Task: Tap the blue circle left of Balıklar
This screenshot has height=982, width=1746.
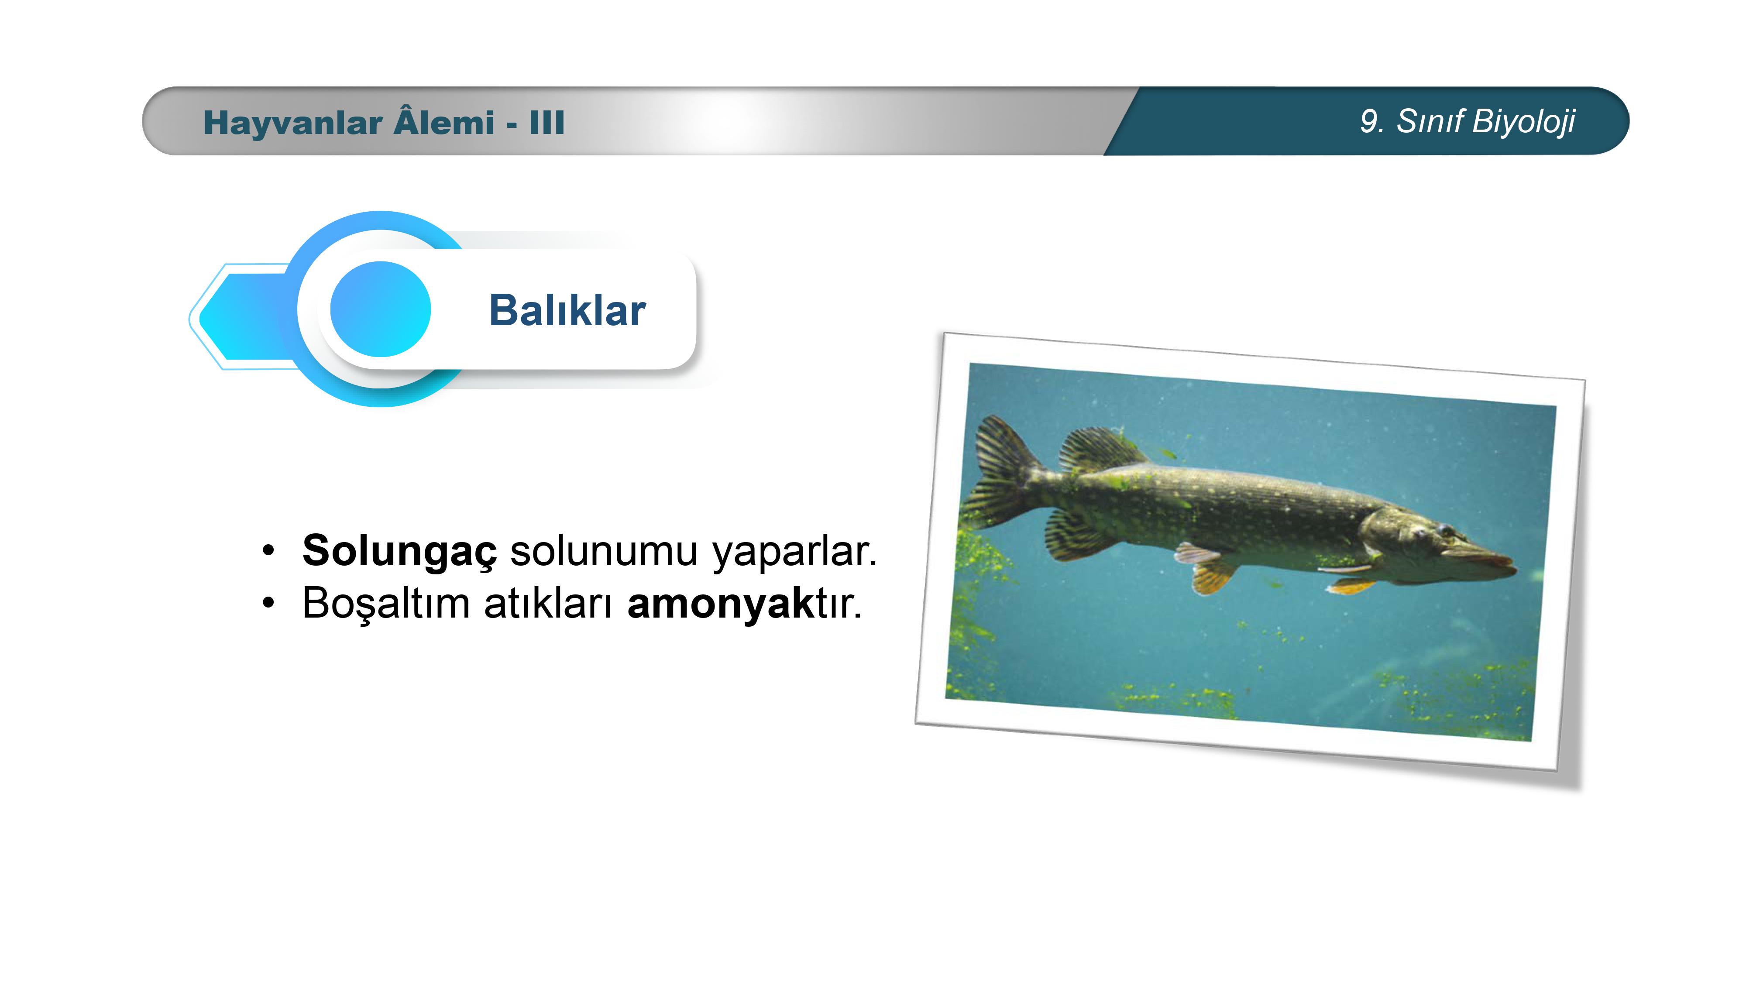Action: point(380,309)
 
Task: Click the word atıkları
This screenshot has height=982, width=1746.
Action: point(548,602)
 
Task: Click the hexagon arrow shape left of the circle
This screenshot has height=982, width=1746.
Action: point(244,316)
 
